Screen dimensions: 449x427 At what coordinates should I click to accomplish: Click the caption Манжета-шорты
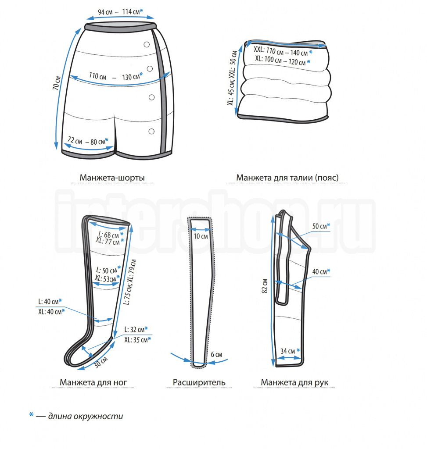(x=112, y=178)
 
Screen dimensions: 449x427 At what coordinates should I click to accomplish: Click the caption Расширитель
(x=196, y=382)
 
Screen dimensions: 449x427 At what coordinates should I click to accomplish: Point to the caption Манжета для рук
(x=294, y=382)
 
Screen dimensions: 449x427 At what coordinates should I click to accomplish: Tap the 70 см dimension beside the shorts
(x=56, y=82)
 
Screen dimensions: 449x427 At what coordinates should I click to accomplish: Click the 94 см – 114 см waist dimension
(x=119, y=11)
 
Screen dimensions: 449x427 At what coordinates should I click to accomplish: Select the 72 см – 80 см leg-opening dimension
(x=86, y=141)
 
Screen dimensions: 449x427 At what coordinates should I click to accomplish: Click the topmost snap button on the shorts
(x=147, y=44)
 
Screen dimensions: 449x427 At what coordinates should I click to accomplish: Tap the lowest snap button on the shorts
(x=152, y=131)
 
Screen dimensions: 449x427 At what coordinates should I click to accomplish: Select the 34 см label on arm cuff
(x=289, y=351)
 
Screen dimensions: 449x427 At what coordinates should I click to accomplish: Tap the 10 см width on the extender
(x=201, y=236)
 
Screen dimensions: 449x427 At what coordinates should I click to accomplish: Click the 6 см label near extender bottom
(x=216, y=354)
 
